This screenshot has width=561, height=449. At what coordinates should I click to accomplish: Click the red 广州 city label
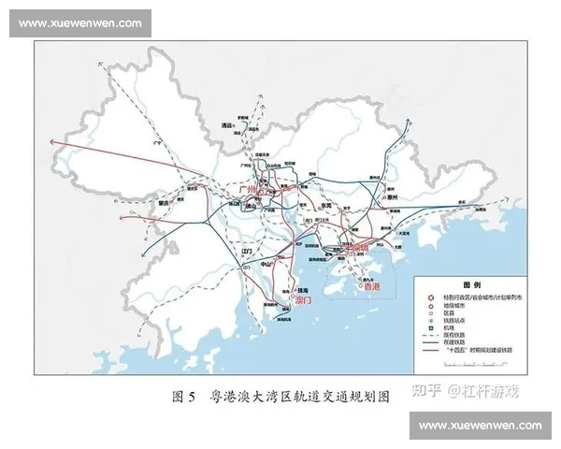pyautogui.click(x=249, y=189)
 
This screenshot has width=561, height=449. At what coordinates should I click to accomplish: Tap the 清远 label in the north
pyautogui.click(x=225, y=124)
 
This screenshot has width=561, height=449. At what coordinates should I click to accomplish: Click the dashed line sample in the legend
pyautogui.click(x=431, y=334)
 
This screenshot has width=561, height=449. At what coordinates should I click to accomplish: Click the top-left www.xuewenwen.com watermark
pyautogui.click(x=80, y=23)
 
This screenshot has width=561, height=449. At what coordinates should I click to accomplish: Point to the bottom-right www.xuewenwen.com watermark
pyautogui.click(x=480, y=426)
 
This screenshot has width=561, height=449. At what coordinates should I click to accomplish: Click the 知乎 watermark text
pyautogui.click(x=428, y=389)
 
